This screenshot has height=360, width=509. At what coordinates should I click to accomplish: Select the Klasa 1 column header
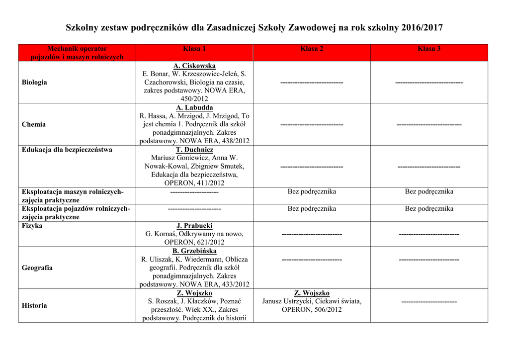[x=194, y=49]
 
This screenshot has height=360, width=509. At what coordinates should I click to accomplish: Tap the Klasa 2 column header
[x=312, y=49]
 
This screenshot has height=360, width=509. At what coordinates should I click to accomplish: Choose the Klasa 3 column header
[x=429, y=49]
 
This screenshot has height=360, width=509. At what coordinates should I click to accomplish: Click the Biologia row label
[x=34, y=82]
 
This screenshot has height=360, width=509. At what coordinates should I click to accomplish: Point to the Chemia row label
[x=34, y=124]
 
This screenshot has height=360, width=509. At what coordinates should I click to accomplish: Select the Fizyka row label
[x=32, y=226]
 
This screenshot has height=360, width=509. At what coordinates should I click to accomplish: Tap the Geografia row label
[x=37, y=268]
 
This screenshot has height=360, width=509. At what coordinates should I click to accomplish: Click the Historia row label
[x=34, y=305]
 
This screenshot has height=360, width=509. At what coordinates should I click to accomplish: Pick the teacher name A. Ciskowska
[x=194, y=66]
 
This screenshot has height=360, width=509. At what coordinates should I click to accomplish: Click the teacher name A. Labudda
[x=194, y=107]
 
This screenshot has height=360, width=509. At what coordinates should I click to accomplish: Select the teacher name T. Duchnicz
[x=194, y=150]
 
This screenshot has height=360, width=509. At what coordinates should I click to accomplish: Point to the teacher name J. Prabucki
[x=194, y=226]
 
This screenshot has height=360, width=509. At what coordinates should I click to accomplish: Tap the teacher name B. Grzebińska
[x=194, y=251]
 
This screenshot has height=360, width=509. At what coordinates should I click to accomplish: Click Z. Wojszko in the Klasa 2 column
[x=312, y=293]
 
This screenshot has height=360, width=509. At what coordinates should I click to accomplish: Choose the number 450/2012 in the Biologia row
[x=194, y=99]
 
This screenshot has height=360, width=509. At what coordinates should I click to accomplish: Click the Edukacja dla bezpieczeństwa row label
[x=67, y=150]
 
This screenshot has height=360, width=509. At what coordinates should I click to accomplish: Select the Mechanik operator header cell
[x=77, y=53]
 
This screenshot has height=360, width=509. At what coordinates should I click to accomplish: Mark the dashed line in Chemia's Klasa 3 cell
[x=429, y=124]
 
